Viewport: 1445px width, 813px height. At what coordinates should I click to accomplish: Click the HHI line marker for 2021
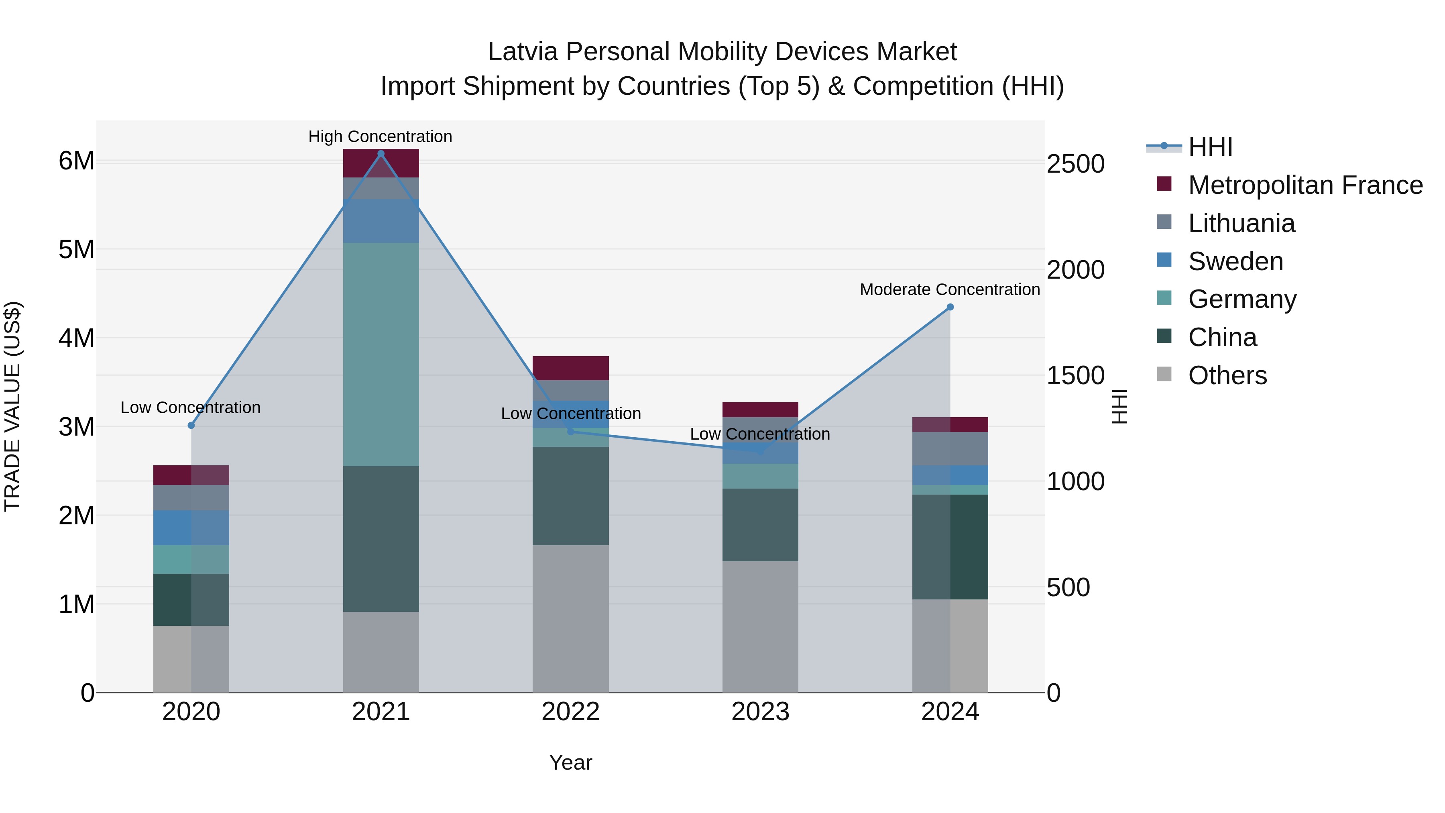(x=381, y=154)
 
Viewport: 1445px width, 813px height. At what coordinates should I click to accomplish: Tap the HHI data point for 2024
(x=950, y=307)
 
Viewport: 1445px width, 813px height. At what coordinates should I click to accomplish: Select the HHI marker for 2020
(x=191, y=425)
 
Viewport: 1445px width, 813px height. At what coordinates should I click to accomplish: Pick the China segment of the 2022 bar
(x=570, y=495)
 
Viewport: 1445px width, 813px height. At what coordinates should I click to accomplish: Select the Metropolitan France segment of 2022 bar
(x=570, y=368)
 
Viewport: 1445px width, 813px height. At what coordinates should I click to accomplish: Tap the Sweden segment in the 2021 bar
(x=381, y=221)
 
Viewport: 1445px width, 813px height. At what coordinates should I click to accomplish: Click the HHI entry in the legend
(x=1210, y=147)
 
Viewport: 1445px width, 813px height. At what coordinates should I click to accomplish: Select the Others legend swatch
(x=1164, y=374)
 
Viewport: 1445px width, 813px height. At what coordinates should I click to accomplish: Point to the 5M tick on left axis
(x=76, y=249)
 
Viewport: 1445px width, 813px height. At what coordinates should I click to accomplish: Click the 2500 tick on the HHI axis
(x=1075, y=164)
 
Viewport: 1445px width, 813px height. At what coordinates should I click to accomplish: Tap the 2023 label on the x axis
(x=760, y=712)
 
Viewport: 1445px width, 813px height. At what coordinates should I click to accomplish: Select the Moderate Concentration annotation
(x=949, y=289)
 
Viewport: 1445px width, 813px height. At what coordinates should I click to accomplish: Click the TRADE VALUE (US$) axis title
(x=12, y=406)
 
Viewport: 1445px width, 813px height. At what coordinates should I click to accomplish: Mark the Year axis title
(x=570, y=762)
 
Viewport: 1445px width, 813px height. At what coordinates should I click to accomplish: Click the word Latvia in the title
(x=523, y=52)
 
